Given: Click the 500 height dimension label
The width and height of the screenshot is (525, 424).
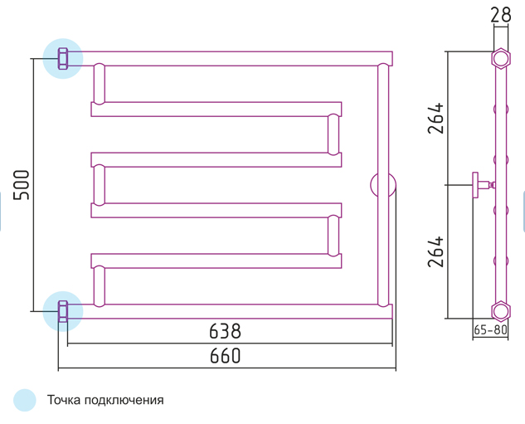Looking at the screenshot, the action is pyautogui.click(x=21, y=185).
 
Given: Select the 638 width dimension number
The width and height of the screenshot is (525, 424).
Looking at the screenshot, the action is pyautogui.click(x=225, y=331).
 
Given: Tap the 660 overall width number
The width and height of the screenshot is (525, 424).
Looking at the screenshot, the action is pyautogui.click(x=225, y=356).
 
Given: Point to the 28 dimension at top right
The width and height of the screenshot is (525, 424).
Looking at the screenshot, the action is pyautogui.click(x=501, y=15).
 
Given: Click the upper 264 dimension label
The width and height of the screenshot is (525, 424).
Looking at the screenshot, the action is pyautogui.click(x=435, y=118).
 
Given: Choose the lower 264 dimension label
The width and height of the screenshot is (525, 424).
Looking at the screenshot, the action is pyautogui.click(x=435, y=251).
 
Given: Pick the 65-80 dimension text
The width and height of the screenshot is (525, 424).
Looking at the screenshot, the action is pyautogui.click(x=490, y=330).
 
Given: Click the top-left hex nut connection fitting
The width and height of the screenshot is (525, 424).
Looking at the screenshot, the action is pyautogui.click(x=63, y=59).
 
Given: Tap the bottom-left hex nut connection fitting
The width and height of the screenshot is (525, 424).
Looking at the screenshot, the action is pyautogui.click(x=63, y=311).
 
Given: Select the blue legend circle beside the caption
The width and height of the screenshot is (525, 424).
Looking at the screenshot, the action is pyautogui.click(x=25, y=400).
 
